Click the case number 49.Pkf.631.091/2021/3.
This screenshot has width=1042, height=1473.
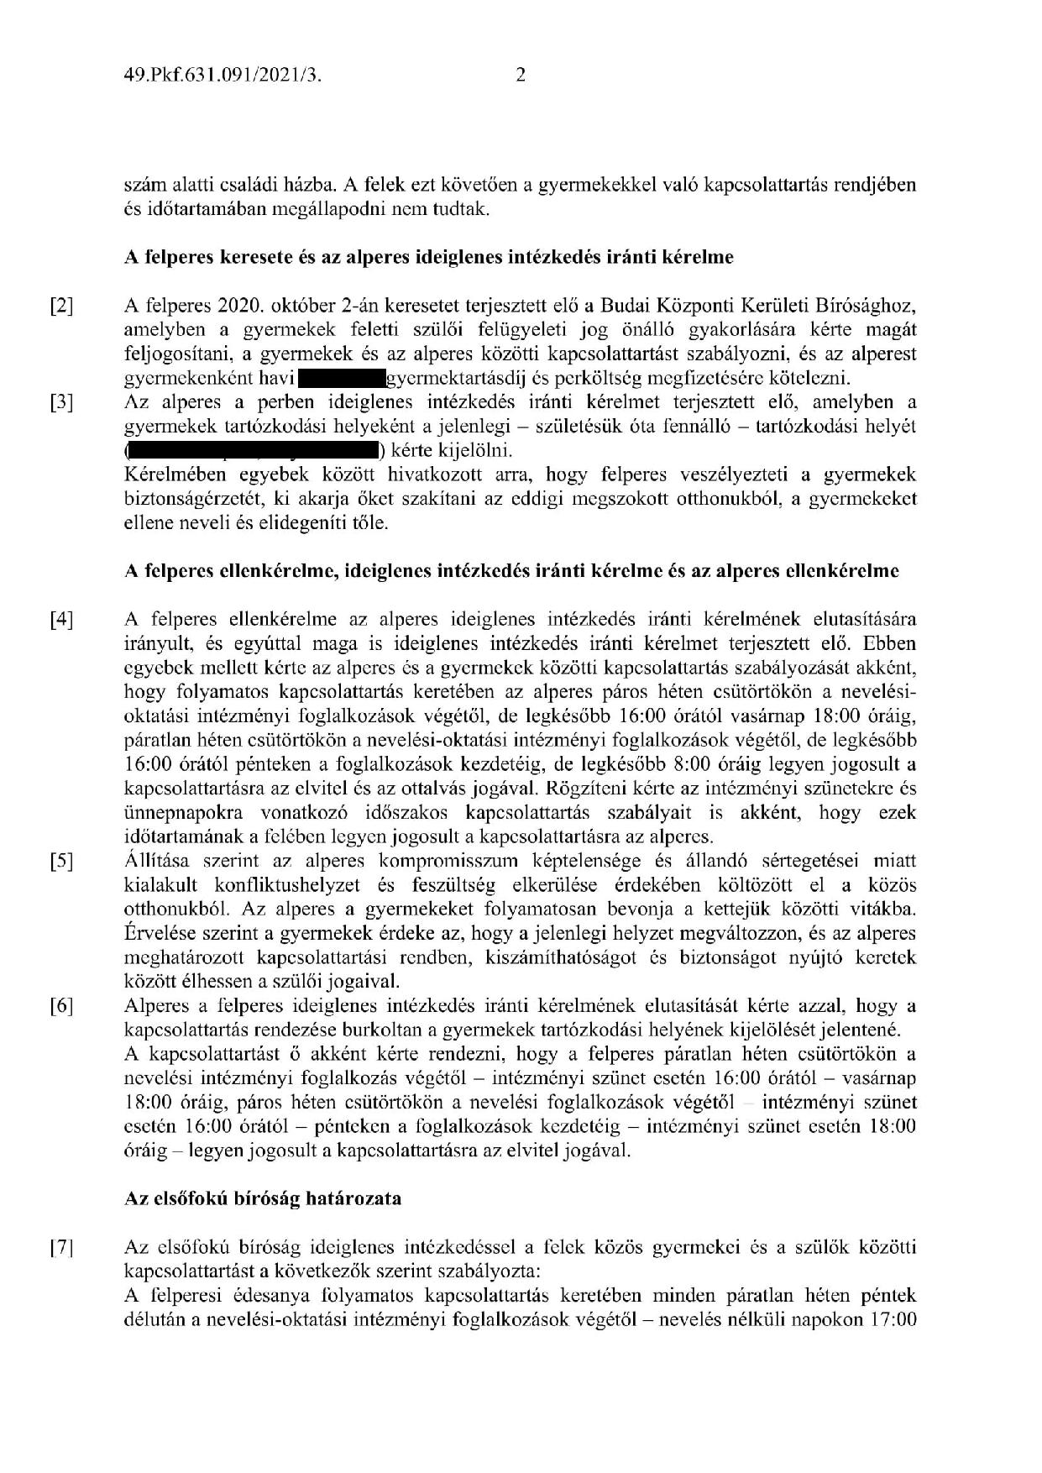224,76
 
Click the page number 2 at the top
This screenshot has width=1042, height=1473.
521,76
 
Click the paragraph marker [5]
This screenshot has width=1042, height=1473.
61,862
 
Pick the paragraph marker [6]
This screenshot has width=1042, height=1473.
61,1007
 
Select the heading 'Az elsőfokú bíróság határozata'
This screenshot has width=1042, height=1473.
262,1198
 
